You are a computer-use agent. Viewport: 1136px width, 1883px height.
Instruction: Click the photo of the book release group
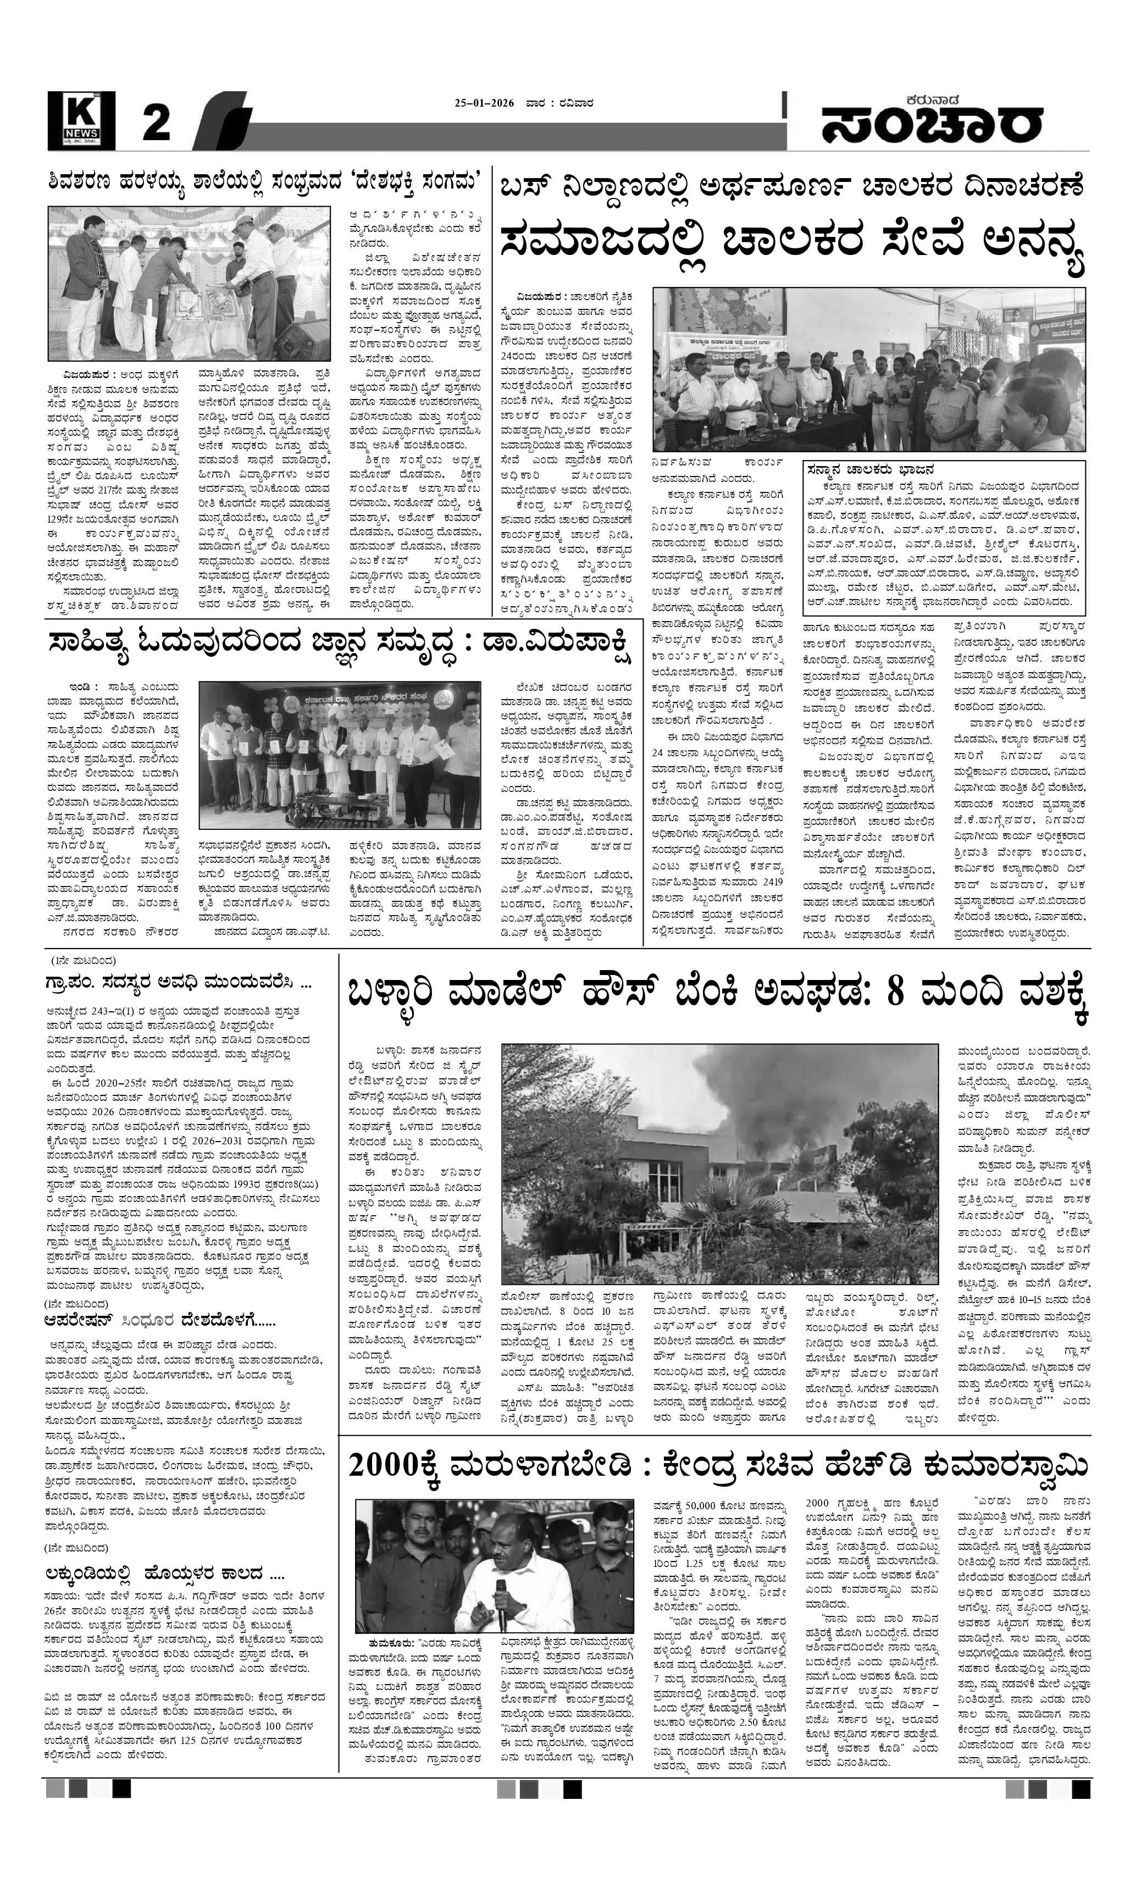pyautogui.click(x=339, y=755)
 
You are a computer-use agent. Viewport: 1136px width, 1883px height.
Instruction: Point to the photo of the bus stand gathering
pyautogui.click(x=868, y=369)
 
